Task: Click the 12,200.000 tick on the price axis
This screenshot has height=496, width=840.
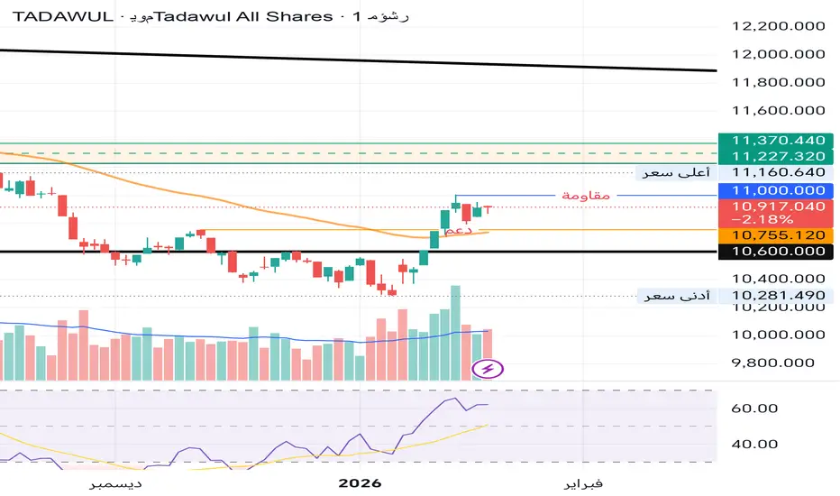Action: click(779, 27)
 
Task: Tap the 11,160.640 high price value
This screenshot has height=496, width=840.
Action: click(779, 172)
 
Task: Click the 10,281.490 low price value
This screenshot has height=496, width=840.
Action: click(779, 296)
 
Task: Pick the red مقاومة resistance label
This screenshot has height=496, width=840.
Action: click(586, 196)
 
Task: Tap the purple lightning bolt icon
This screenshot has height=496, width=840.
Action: click(488, 368)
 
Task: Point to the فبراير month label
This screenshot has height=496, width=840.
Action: click(583, 483)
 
